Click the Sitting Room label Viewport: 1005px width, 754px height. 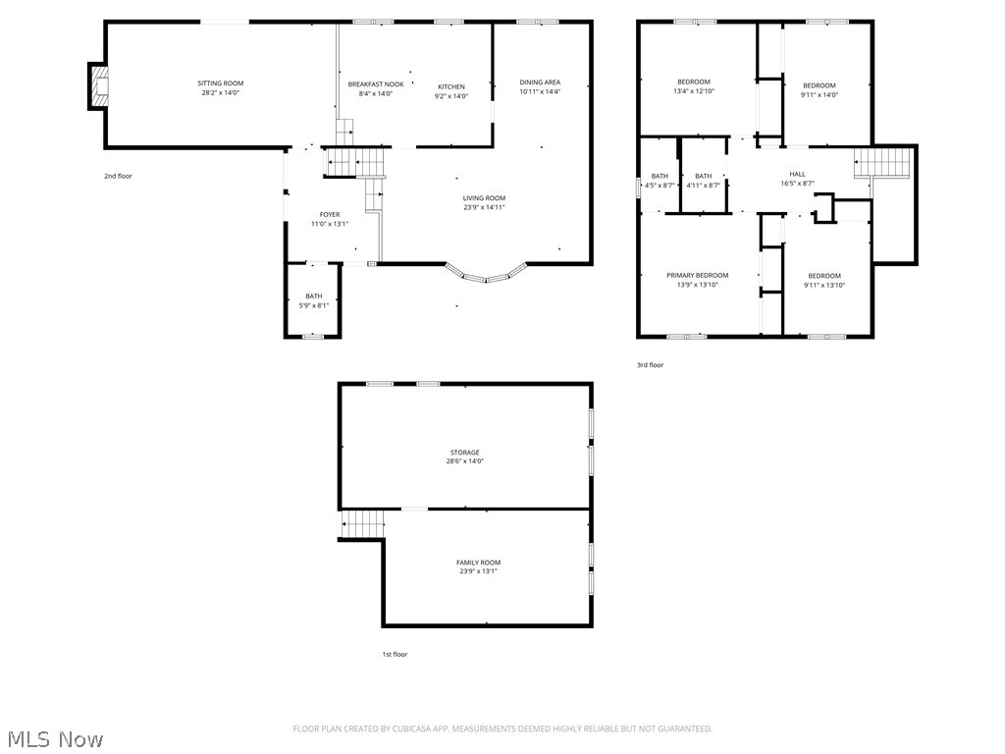221,83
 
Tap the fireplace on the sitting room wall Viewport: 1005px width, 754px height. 98,86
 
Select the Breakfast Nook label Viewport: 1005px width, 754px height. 376,84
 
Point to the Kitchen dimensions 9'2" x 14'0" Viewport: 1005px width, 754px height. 451,96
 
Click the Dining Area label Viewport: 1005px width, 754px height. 540,82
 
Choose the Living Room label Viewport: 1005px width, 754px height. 484,198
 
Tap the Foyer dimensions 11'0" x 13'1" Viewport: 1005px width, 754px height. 330,224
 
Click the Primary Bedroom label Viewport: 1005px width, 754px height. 698,276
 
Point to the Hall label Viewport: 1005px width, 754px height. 797,174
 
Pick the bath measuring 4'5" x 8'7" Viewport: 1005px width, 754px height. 660,181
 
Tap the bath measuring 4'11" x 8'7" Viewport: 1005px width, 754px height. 703,181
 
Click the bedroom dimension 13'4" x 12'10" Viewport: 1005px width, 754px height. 694,91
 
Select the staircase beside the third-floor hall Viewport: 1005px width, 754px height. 882,162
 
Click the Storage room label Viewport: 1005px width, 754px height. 464,453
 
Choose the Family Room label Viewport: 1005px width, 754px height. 478,563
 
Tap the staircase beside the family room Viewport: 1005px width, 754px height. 362,524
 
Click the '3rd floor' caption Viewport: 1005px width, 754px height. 650,365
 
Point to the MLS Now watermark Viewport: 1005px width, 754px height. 56,739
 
